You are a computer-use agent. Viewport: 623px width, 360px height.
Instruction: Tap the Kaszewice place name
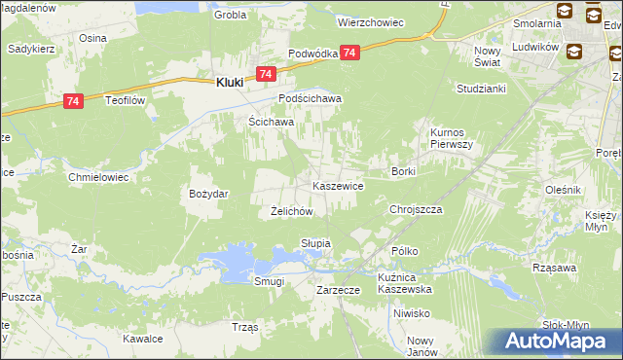(338, 185)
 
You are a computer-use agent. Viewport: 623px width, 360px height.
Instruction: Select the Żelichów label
(290, 211)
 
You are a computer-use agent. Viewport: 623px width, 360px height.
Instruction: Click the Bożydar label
(208, 194)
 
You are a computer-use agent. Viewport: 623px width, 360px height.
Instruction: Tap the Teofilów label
(126, 99)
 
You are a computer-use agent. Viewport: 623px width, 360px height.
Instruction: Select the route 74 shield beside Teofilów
(73, 100)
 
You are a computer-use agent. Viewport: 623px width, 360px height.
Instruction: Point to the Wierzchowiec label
(370, 21)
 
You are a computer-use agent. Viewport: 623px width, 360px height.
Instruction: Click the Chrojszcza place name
(416, 209)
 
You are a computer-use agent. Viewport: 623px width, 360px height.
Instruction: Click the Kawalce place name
(142, 339)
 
